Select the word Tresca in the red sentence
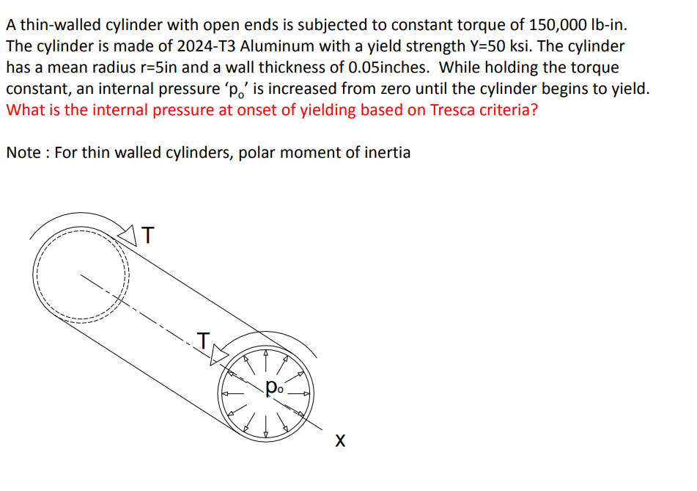click(454, 110)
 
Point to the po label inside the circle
click(273, 386)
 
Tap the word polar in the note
click(256, 153)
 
